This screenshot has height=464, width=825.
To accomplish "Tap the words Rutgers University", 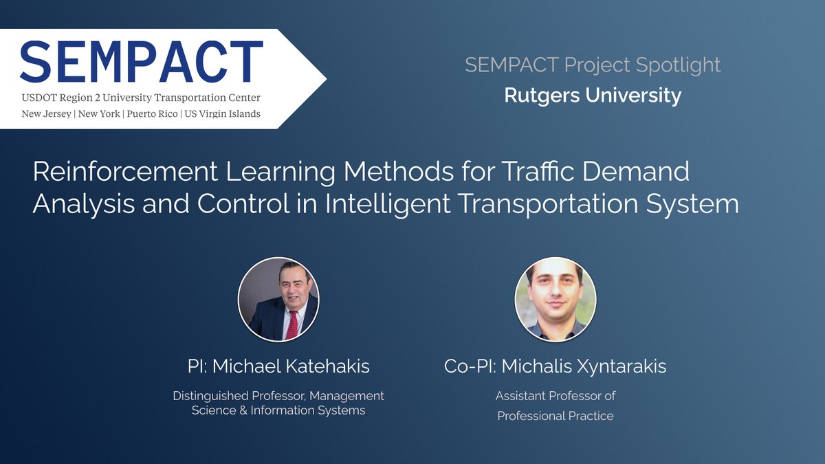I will coord(593,95).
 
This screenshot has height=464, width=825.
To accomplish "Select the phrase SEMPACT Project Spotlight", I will coord(593,65).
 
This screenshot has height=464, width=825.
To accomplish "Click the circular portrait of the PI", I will coord(278,300).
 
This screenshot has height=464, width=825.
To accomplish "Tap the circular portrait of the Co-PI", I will coord(555,300).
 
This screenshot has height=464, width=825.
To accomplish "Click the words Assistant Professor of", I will coord(555,396).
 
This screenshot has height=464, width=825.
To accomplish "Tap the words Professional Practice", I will coord(555,416).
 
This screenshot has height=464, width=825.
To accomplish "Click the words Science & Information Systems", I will coord(278,411).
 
